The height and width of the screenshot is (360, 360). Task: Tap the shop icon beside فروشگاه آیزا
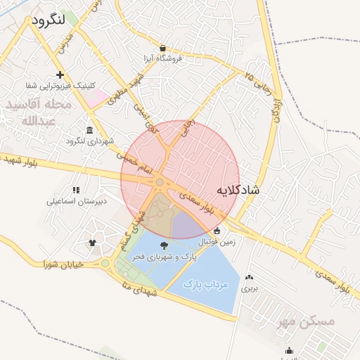[x=164, y=48]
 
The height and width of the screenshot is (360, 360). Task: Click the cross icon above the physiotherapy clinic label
[x=60, y=75]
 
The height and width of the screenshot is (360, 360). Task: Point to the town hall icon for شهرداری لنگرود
[x=89, y=130]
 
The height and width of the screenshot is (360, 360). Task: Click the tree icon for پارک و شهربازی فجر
[x=165, y=245]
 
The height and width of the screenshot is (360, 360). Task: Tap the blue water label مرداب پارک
[x=202, y=284]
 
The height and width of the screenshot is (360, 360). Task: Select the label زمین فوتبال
[x=219, y=242]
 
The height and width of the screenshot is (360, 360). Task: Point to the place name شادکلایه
[x=237, y=190]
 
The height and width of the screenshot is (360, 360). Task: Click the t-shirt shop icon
[x=92, y=243]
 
